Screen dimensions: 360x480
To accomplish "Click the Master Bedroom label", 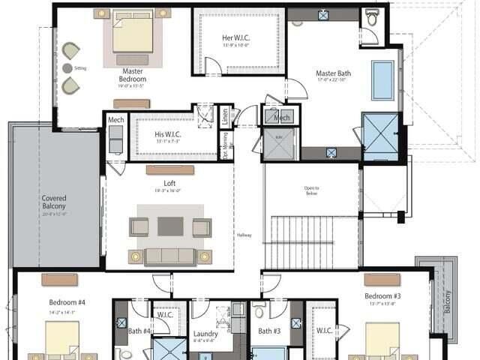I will (133, 75).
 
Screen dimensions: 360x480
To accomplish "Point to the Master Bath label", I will (333, 73).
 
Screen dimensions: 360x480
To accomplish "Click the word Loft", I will (170, 182).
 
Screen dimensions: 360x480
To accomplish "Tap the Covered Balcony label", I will (54, 202).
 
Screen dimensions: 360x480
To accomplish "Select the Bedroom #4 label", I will (62, 302).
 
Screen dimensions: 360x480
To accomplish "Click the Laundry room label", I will (205, 334).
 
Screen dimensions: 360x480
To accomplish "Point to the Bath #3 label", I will (270, 331).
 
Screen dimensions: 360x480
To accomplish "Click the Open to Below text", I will (311, 190).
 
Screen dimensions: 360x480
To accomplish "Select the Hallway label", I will (244, 235).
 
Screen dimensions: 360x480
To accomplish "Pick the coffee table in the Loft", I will (170, 226).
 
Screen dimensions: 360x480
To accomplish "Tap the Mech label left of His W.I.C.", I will (115, 120).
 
